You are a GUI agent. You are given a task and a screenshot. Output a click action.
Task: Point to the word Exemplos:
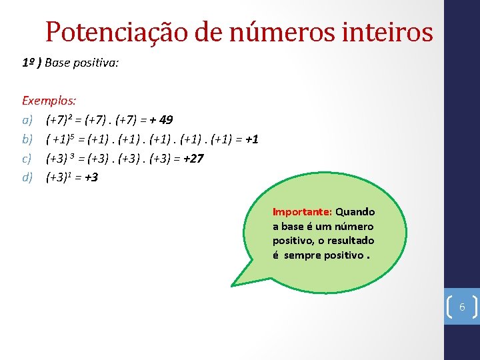[49, 101]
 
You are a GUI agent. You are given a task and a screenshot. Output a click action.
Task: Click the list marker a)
[27, 120]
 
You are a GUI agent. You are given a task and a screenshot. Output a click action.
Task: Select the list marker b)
[27, 139]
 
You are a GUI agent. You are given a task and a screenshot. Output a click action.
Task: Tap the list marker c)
[27, 159]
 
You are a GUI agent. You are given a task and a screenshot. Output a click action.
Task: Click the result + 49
[161, 120]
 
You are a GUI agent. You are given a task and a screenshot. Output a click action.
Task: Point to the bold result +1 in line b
[252, 139]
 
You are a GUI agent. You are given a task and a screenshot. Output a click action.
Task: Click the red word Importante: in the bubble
[302, 212]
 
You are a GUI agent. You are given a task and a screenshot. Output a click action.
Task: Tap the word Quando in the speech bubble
[355, 212]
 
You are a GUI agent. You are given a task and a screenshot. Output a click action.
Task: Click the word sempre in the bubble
[303, 255]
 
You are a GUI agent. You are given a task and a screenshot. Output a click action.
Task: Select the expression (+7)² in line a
[59, 120]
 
